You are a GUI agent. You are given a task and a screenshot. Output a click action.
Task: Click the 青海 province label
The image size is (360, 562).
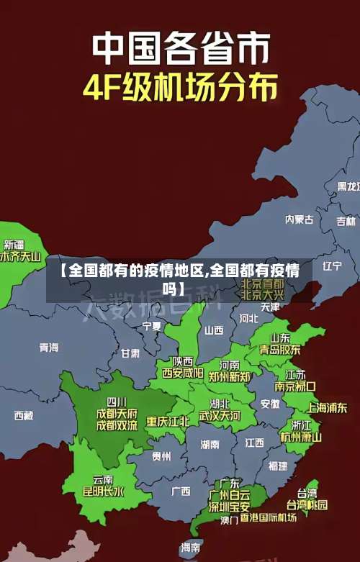click(x=49, y=348)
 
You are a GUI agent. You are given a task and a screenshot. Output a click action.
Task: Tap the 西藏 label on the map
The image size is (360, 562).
click(x=24, y=415)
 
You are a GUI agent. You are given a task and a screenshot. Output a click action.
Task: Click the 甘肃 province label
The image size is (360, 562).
click(x=130, y=353)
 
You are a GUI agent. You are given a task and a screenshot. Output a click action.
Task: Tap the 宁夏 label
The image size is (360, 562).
click(x=152, y=326)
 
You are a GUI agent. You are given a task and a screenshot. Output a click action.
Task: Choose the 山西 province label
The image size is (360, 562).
click(x=214, y=330)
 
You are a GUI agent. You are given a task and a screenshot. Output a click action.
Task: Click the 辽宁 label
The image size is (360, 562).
click(x=332, y=266)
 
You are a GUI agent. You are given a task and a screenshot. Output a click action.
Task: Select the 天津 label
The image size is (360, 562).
click(x=270, y=307)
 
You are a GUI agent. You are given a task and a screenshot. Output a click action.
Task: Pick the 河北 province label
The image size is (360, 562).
click(x=248, y=317)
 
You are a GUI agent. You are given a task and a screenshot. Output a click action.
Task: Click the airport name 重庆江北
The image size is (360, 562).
click(x=168, y=421)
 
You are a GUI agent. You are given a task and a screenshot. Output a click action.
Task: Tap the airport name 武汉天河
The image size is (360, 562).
click(x=220, y=416)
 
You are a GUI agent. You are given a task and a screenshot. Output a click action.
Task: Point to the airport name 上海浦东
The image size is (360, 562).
click(x=327, y=407)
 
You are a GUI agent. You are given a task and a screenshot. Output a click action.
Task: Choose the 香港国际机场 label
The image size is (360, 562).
click(x=269, y=517)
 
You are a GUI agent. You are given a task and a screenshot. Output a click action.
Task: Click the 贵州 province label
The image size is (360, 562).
click(x=161, y=456)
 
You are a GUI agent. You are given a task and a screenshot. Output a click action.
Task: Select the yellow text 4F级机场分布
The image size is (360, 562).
click(x=180, y=89)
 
